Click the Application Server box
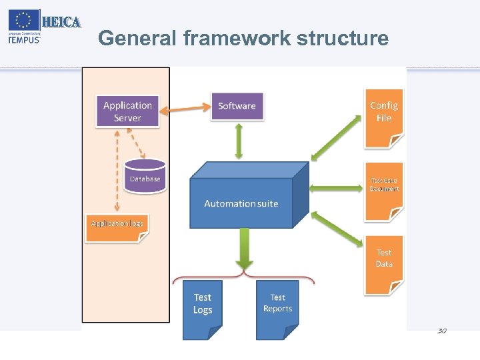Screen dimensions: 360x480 pyautogui.click(x=127, y=111)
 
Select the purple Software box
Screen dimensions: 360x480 pyautogui.click(x=237, y=106)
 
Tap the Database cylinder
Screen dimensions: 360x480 pyautogui.click(x=145, y=176)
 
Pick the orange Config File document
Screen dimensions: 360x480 pyautogui.click(x=383, y=117)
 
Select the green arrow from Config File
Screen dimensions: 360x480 pyautogui.click(x=337, y=137)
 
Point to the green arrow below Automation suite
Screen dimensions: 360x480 pyautogui.click(x=244, y=250)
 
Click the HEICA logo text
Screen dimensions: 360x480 pyautogui.click(x=61, y=22)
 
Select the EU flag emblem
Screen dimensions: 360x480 pyautogui.click(x=24, y=21)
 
